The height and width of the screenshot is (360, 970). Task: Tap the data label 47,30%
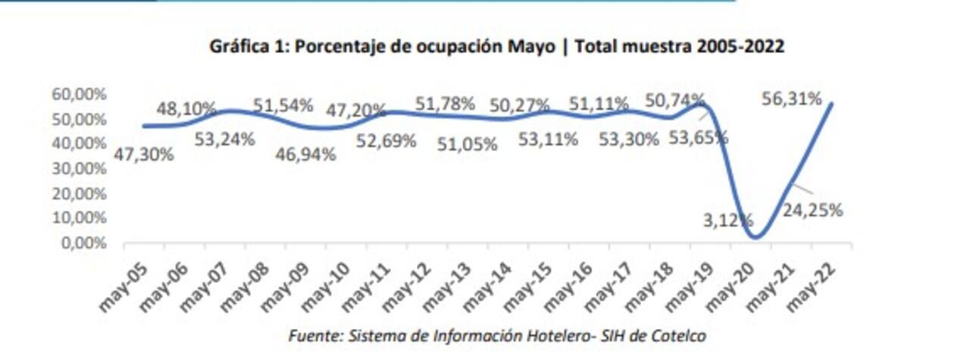[144, 155]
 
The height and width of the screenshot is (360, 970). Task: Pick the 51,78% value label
[446, 103]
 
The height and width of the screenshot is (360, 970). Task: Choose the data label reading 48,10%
[186, 109]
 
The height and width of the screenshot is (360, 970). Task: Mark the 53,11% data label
[549, 139]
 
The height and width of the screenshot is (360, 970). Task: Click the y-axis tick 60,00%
[79, 95]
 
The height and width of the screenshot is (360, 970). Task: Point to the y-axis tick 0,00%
[82, 243]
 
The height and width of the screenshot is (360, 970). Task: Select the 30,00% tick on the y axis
[79, 169]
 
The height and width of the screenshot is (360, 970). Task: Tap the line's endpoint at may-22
[833, 104]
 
